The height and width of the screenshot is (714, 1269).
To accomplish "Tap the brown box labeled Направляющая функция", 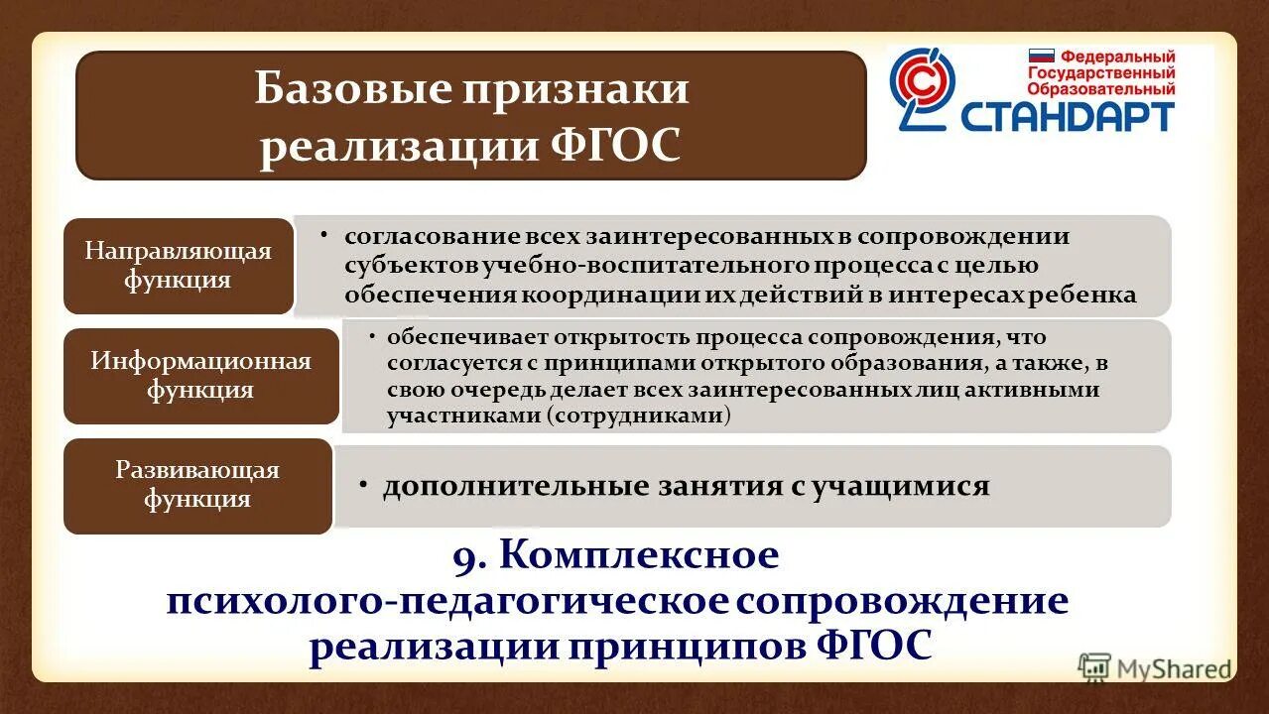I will (x=179, y=266).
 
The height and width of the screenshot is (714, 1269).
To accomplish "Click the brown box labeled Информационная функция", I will (x=201, y=376).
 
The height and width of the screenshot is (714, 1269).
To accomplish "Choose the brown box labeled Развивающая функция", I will (x=197, y=484).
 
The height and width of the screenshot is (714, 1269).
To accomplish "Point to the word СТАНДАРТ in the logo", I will (x=1068, y=116).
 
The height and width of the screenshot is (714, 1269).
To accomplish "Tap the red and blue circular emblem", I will (x=921, y=89).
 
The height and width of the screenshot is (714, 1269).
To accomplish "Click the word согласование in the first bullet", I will (x=415, y=238).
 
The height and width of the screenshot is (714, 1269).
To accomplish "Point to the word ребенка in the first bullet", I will (x=1094, y=296).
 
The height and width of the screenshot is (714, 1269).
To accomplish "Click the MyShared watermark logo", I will (x=1156, y=668).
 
